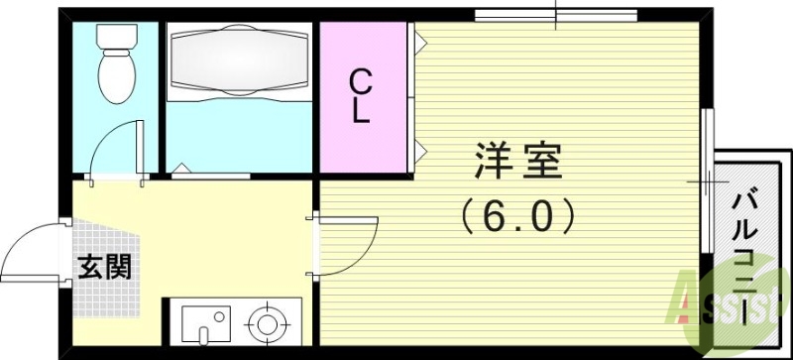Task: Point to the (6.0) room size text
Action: point(517,212)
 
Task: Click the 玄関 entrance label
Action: point(102,267)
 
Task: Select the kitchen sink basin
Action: point(206,324)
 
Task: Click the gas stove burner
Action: point(265,323)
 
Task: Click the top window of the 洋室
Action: point(555,14)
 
